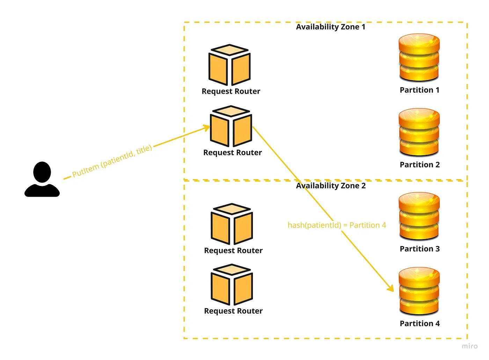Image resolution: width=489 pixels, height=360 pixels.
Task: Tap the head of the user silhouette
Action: pyautogui.click(x=42, y=172)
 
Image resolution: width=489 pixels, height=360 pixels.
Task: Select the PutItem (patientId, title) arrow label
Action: pyautogui.click(x=112, y=161)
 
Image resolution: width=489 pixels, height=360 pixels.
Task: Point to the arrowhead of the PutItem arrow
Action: pyautogui.click(x=206, y=128)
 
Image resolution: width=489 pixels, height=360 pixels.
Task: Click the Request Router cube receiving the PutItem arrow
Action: pyautogui.click(x=231, y=126)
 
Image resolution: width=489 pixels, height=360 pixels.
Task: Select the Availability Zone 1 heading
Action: pyautogui.click(x=330, y=27)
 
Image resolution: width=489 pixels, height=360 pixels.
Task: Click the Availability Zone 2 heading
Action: pyautogui.click(x=331, y=186)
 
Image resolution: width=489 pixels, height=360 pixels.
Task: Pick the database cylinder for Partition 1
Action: pyautogui.click(x=419, y=57)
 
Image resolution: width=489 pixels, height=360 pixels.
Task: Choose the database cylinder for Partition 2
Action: pyautogui.click(x=419, y=132)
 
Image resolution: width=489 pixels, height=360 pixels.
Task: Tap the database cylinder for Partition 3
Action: pyautogui.click(x=419, y=216)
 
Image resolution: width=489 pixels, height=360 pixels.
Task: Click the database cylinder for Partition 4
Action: pyautogui.click(x=419, y=291)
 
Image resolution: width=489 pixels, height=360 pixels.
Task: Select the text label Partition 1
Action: pyautogui.click(x=419, y=90)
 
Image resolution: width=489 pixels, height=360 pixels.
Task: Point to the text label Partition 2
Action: pyautogui.click(x=419, y=165)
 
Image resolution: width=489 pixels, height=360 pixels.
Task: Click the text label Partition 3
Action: pyautogui.click(x=419, y=249)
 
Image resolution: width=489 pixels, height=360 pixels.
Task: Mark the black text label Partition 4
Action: pyautogui.click(x=419, y=324)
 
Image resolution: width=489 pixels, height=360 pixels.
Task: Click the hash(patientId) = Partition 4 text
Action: pyautogui.click(x=337, y=225)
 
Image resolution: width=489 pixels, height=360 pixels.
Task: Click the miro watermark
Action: pyautogui.click(x=469, y=346)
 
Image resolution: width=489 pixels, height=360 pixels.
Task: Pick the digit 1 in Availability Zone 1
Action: pyautogui.click(x=363, y=27)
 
